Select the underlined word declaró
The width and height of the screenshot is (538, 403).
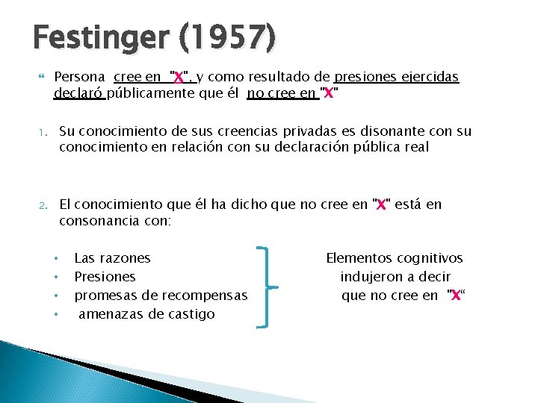click(79, 93)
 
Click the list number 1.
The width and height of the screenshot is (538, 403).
click(43, 132)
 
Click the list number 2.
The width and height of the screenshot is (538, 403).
click(43, 204)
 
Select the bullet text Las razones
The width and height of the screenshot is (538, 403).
click(112, 258)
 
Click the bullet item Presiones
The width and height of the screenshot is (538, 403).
click(105, 277)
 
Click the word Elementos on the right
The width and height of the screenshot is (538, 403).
click(356, 258)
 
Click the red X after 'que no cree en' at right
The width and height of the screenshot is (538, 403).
click(454, 296)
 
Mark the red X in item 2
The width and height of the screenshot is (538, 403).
click(381, 204)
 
